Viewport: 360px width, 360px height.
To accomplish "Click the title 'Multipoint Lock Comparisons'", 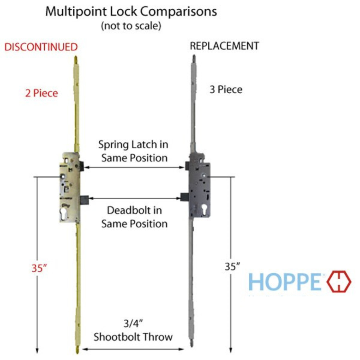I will (x=131, y=11).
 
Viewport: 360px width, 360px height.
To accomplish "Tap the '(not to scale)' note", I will (x=131, y=26).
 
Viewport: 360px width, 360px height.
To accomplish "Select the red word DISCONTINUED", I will (x=41, y=47).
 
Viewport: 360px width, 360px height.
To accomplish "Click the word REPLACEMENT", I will (x=224, y=46).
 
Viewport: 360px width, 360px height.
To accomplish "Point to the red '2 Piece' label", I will (x=42, y=93).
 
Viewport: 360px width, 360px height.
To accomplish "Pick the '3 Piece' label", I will (x=226, y=90).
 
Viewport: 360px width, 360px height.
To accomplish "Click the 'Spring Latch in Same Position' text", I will (x=134, y=151).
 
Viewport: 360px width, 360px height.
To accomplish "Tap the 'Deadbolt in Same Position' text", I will (x=134, y=217).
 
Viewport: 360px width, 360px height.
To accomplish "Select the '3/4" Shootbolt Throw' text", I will (x=133, y=330).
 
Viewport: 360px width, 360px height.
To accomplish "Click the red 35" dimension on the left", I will (x=40, y=268).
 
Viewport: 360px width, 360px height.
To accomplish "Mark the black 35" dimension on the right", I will (x=232, y=267).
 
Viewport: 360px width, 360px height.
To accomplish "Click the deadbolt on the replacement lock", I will (x=184, y=197).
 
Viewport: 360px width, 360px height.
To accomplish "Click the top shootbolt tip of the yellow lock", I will (x=76, y=60).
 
